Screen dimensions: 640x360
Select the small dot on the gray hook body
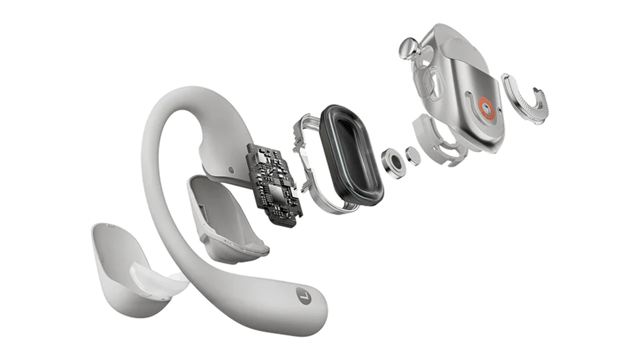(231, 170)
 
